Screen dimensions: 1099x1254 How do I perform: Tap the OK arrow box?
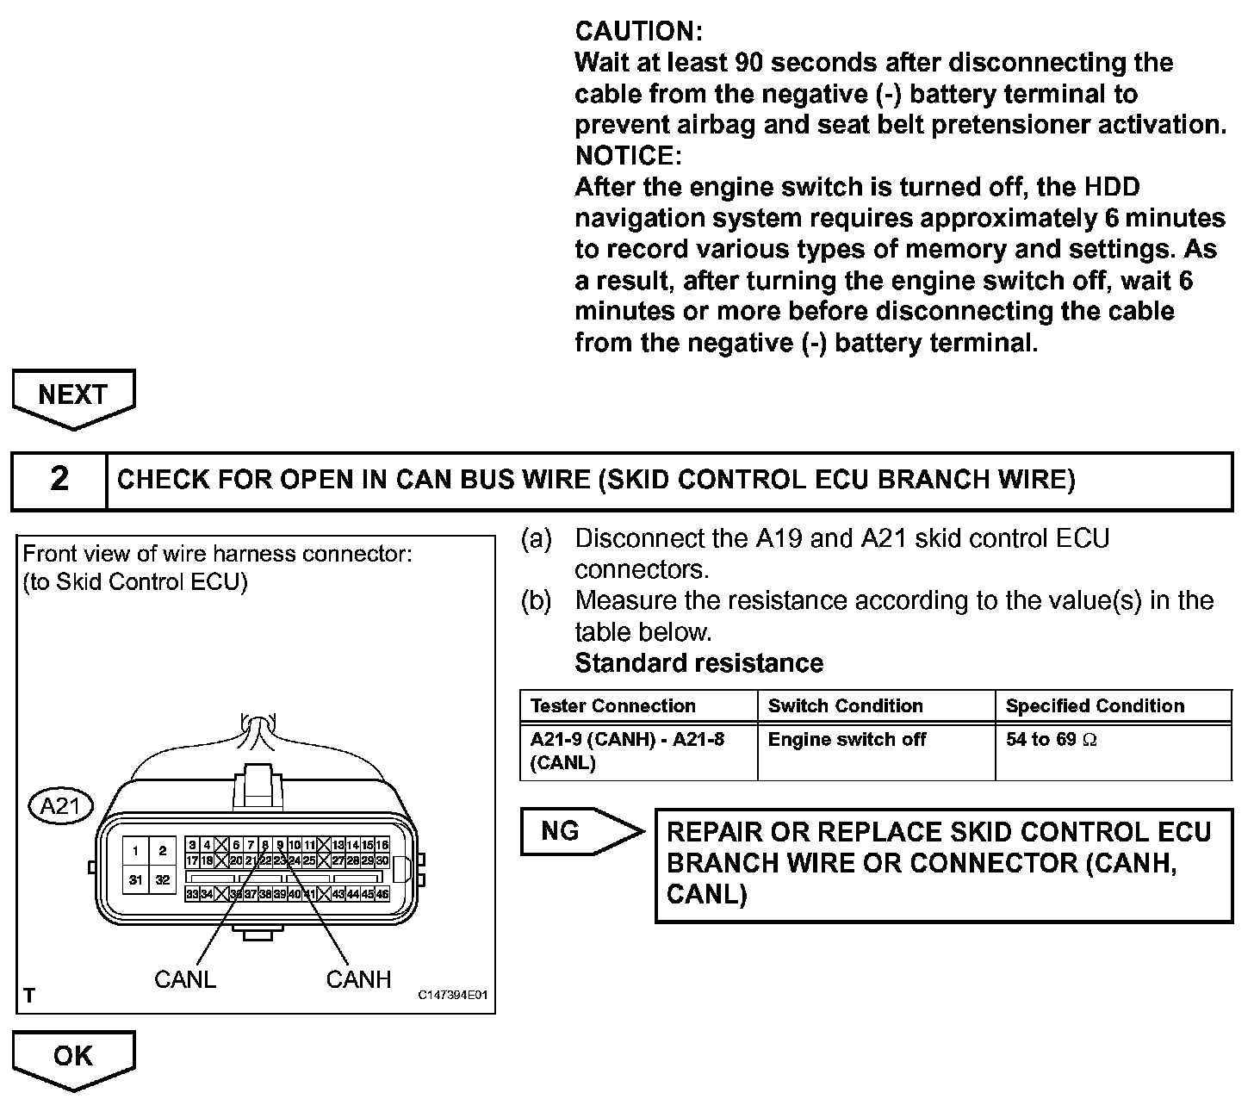coord(73,1056)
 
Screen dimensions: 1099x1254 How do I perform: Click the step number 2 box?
coord(59,479)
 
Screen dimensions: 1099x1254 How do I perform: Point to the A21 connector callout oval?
coord(60,806)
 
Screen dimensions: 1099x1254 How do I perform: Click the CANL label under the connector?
coord(184,979)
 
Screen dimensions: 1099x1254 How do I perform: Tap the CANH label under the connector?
coord(358,979)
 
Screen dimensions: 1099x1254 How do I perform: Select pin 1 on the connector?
coord(135,851)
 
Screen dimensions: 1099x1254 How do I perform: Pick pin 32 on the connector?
coord(163,879)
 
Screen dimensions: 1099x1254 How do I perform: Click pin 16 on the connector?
coord(382,845)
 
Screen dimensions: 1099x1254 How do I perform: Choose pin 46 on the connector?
coord(382,894)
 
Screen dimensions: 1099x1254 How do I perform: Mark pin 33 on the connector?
coord(193,894)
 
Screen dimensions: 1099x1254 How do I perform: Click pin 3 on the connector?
coord(193,845)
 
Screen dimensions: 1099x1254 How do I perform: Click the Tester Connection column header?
coord(613,706)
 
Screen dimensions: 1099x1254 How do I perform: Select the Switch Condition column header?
coord(845,706)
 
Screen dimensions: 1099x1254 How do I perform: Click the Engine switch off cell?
coord(847,740)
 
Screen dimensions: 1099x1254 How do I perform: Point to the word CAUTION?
coord(638,32)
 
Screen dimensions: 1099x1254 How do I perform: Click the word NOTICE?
coord(628,156)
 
